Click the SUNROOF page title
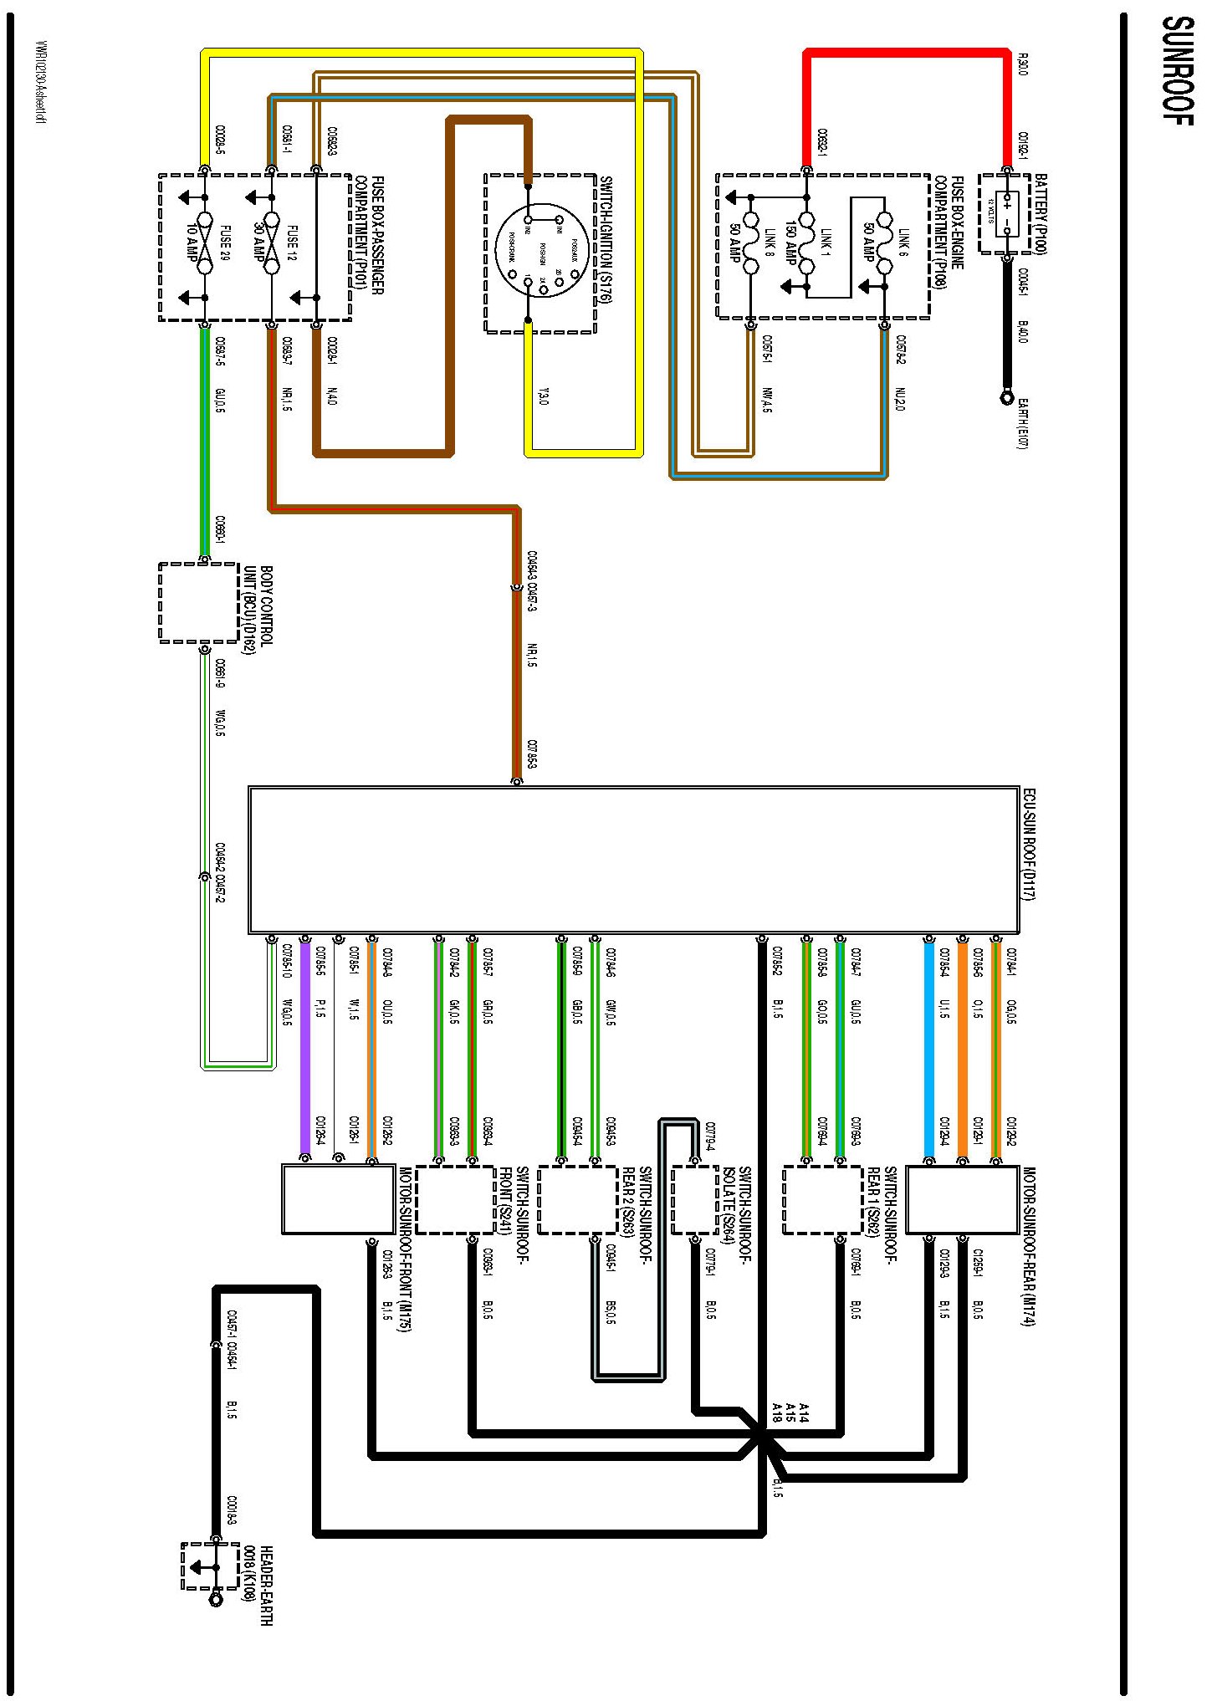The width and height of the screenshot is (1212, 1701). click(x=1178, y=70)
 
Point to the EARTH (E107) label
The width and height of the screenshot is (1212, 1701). click(x=1022, y=421)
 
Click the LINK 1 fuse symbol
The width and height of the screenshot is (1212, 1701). click(x=806, y=243)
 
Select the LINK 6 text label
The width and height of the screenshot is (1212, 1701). click(x=903, y=242)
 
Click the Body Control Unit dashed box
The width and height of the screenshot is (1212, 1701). click(x=199, y=603)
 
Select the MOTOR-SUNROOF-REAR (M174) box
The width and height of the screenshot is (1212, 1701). click(x=961, y=1200)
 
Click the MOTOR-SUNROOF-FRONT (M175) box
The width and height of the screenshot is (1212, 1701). click(x=338, y=1200)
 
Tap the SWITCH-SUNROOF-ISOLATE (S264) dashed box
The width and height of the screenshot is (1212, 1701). click(x=694, y=1200)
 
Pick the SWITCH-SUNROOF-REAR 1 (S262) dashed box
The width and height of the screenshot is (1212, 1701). click(x=822, y=1200)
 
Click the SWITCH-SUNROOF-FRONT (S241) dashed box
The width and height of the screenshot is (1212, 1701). click(x=456, y=1200)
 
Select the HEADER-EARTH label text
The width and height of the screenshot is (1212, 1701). click(x=257, y=1585)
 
